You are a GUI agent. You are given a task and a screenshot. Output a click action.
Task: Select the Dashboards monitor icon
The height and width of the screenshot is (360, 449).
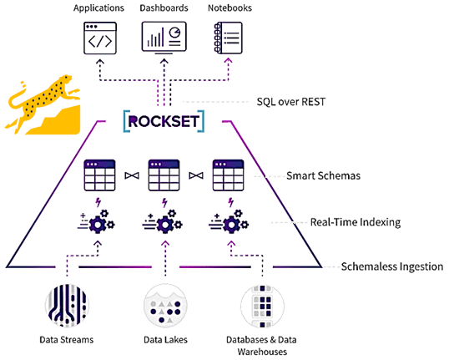click(163, 39)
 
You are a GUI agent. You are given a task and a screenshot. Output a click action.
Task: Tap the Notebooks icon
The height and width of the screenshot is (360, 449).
click(227, 39)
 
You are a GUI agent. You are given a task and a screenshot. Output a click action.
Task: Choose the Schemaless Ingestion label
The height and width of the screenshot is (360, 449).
click(392, 266)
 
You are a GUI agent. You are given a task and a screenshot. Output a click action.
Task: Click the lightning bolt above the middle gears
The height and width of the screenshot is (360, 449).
click(164, 202)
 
